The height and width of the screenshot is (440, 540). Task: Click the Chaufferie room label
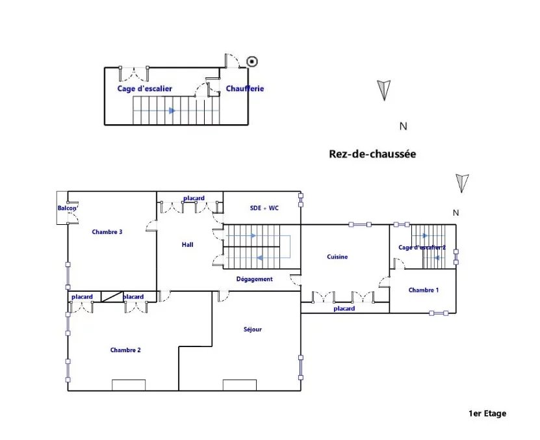pyautogui.click(x=245, y=88)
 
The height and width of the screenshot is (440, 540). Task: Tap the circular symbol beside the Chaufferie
pyautogui.click(x=252, y=62)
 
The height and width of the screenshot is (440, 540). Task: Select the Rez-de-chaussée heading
pyautogui.click(x=372, y=153)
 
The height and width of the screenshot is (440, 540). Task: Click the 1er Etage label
pyautogui.click(x=487, y=413)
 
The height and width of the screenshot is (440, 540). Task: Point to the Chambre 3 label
pyautogui.click(x=107, y=232)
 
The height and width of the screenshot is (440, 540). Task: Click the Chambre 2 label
pyautogui.click(x=125, y=350)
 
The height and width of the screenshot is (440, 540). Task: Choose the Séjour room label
pyautogui.click(x=253, y=330)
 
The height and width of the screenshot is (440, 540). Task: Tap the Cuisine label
pyautogui.click(x=337, y=257)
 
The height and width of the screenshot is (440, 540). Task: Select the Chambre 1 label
pyautogui.click(x=424, y=290)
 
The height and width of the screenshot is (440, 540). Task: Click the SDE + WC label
pyautogui.click(x=264, y=208)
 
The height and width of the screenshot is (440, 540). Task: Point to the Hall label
pyautogui.click(x=187, y=244)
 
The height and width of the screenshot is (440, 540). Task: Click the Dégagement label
pyautogui.click(x=255, y=279)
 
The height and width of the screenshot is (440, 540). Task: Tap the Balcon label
pyautogui.click(x=67, y=208)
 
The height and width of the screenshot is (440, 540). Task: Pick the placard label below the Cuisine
pyautogui.click(x=344, y=309)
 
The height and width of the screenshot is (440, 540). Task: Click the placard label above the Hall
pyautogui.click(x=194, y=198)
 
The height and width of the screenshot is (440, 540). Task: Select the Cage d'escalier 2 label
pyautogui.click(x=422, y=248)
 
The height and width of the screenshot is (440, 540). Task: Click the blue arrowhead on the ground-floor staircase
pyautogui.click(x=172, y=110)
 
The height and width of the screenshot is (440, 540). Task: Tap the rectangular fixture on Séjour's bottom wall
pyautogui.click(x=240, y=385)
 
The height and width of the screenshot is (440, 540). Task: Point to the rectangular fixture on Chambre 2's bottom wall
pyautogui.click(x=129, y=385)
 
